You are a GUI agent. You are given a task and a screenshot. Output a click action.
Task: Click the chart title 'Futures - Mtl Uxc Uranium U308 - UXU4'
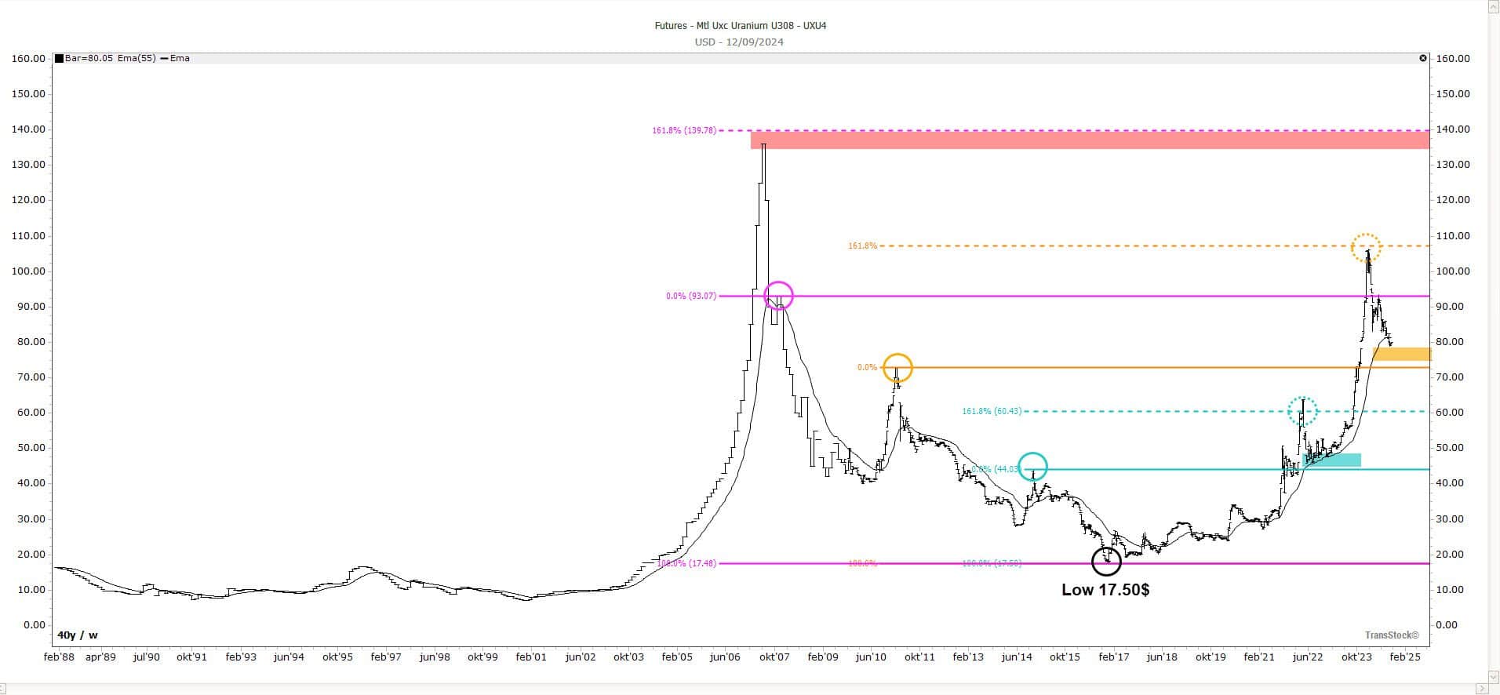(740, 26)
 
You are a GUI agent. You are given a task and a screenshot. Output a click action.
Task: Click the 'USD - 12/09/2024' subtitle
(739, 42)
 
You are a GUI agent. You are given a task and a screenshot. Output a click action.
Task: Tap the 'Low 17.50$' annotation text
(1105, 590)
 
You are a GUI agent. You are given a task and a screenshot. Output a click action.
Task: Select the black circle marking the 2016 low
(1106, 562)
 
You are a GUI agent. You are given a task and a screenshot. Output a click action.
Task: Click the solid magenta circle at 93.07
(778, 296)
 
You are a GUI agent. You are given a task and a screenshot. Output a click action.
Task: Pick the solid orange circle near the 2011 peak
(897, 367)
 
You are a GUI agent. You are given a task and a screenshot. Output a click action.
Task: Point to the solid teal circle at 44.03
(1032, 467)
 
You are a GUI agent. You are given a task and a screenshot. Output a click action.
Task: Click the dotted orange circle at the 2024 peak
(1366, 247)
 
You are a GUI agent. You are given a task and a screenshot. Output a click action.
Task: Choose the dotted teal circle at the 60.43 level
(1302, 410)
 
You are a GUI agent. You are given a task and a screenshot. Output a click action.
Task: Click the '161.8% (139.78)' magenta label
(683, 131)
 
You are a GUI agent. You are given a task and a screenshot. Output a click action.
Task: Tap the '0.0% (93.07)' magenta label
(690, 297)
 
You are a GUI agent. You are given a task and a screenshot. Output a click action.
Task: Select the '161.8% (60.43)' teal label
(992, 412)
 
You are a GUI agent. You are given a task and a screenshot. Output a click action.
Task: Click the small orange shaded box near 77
(1401, 355)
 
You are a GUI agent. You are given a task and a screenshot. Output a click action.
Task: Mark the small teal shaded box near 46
(1331, 460)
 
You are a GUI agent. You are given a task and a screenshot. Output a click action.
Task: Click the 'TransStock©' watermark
(1392, 635)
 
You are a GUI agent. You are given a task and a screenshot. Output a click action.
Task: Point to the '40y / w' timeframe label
(77, 635)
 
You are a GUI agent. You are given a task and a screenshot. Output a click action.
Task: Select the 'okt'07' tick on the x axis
(774, 657)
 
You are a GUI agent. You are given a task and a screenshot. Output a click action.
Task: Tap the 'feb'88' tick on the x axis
(59, 657)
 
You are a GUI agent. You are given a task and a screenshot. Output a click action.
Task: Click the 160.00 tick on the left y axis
(28, 59)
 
